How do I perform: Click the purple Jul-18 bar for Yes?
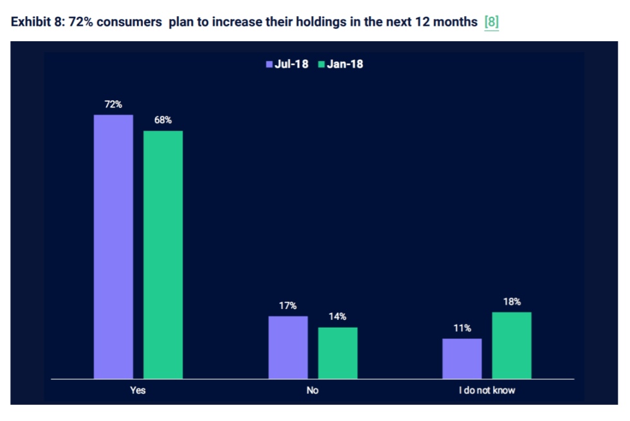(x=113, y=247)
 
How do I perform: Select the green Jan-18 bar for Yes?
(x=163, y=254)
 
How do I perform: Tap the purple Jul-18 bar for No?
(x=288, y=347)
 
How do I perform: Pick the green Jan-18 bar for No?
(x=337, y=353)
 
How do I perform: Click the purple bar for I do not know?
(x=462, y=359)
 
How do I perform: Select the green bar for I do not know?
(x=512, y=345)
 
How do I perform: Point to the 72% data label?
(x=113, y=104)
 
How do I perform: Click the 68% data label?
(x=163, y=120)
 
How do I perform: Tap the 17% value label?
(x=288, y=306)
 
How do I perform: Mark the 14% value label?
(x=337, y=317)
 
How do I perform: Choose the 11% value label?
(x=462, y=328)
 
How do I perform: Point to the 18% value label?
(x=512, y=301)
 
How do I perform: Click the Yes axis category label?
(x=138, y=390)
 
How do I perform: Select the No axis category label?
(x=312, y=390)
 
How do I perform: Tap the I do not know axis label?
(x=487, y=390)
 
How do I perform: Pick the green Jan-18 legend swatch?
(x=321, y=64)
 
